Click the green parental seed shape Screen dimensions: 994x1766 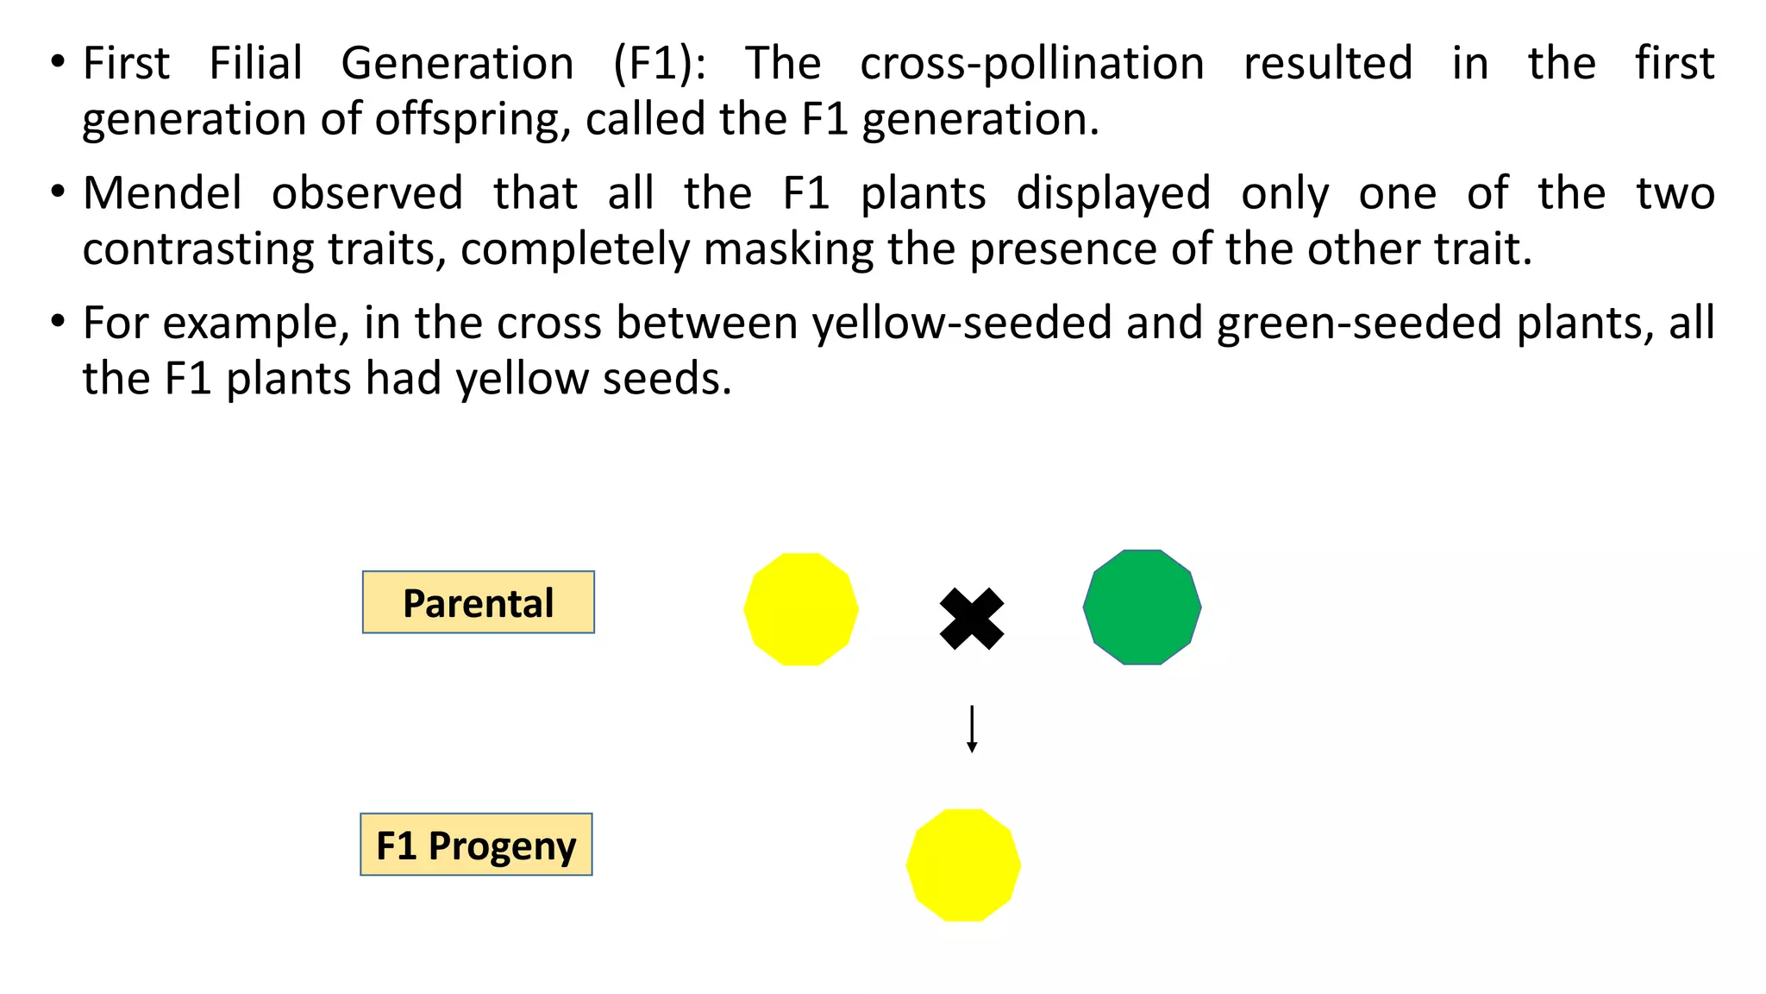(1142, 607)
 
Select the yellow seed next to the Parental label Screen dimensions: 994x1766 (801, 609)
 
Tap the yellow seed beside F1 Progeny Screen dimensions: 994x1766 (963, 865)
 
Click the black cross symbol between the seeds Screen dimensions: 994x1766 (972, 619)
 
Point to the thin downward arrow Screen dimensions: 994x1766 (972, 729)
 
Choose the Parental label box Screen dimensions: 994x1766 (479, 602)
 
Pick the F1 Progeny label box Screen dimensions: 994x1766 (476, 845)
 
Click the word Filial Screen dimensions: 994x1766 (256, 64)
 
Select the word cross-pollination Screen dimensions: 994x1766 (1032, 64)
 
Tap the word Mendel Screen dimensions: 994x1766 (162, 193)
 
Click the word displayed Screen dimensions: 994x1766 (1113, 193)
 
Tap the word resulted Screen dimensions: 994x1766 (1328, 64)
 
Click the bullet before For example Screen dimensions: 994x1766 (58, 322)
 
